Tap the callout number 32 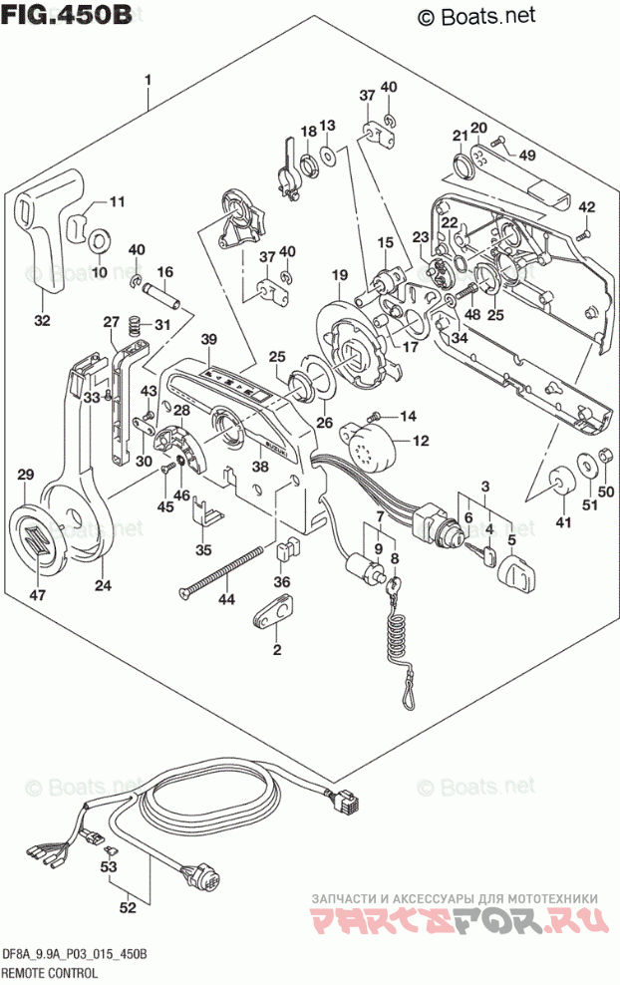[42, 320]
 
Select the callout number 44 [226, 599]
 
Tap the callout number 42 [587, 207]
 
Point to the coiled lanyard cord [400, 647]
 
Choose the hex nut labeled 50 [603, 460]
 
